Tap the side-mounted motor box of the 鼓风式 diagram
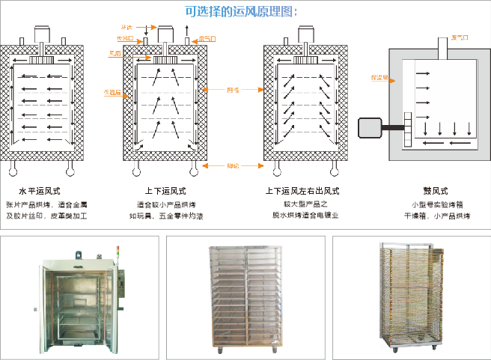pyautogui.click(x=370, y=129)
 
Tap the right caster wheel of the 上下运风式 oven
pyautogui.click(x=195, y=168)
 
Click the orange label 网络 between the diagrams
pyautogui.click(x=233, y=90)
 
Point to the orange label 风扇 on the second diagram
pyautogui.click(x=115, y=53)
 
